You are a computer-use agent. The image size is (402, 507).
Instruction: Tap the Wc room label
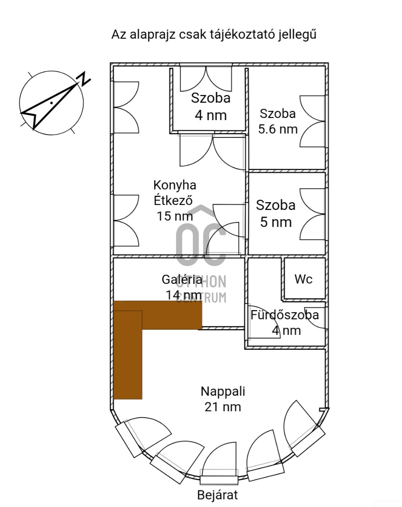[303, 279]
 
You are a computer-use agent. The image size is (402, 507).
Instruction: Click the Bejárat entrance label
[218, 495]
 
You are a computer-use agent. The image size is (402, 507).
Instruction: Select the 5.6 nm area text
[278, 129]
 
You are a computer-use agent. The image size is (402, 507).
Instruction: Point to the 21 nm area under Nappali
[223, 407]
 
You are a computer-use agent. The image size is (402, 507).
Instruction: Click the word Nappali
[223, 391]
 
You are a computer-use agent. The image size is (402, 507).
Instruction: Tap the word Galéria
[182, 280]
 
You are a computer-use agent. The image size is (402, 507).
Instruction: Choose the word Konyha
[175, 185]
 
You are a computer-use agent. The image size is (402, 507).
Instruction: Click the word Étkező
[173, 201]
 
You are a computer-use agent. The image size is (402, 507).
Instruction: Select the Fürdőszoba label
[285, 315]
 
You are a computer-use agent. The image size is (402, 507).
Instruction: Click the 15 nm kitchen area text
[175, 216]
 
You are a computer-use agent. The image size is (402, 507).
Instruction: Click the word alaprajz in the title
[152, 35]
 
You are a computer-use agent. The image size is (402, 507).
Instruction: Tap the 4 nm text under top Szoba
[211, 116]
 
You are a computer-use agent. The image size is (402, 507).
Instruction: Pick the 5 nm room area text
[276, 222]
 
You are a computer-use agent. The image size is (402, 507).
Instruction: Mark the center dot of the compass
[51, 103]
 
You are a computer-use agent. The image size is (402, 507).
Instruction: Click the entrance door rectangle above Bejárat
[219, 480]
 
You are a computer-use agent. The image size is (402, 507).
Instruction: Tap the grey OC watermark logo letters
[201, 244]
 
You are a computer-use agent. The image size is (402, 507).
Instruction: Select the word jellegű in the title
[297, 35]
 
